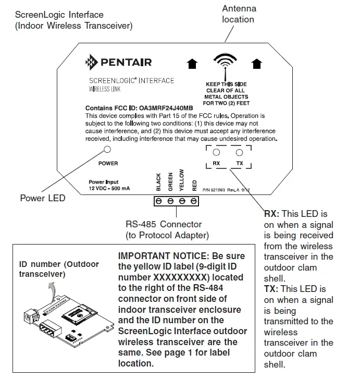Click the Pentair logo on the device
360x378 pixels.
(118, 63)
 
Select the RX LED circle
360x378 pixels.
(217, 152)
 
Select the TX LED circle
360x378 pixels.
(240, 152)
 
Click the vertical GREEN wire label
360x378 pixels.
(170, 181)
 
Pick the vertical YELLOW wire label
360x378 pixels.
(182, 180)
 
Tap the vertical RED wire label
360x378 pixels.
(194, 185)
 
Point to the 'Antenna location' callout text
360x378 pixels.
(239, 14)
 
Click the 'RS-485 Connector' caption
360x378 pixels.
(164, 225)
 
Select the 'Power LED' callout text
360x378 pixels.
(43, 198)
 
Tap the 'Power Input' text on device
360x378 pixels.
(104, 182)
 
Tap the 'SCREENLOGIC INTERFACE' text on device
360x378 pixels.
(132, 81)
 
